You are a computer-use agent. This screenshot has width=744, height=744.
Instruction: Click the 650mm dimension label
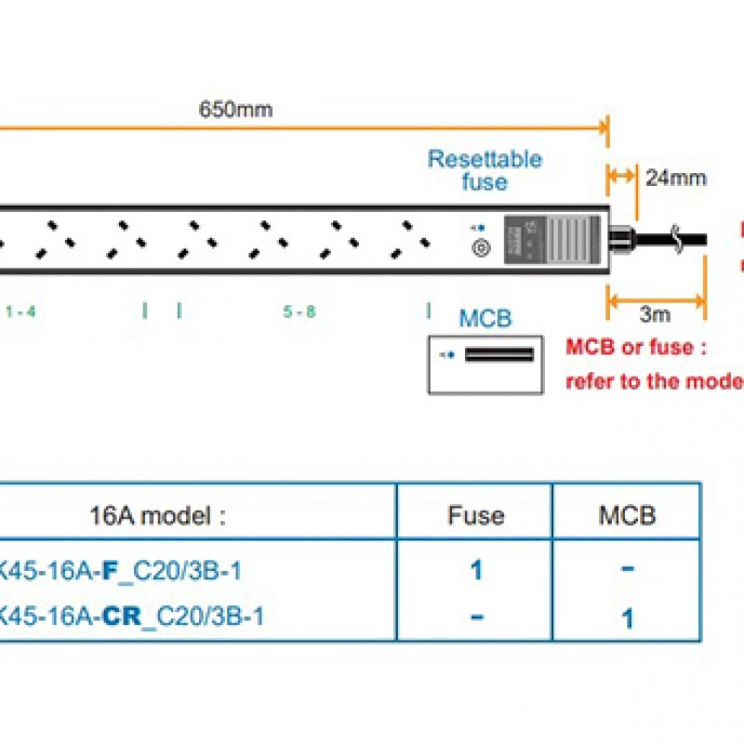pos(235,109)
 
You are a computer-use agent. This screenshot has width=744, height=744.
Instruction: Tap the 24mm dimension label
pos(676,178)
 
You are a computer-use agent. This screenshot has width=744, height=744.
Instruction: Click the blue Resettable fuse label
pos(485,169)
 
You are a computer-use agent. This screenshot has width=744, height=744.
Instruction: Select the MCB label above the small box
pos(485,319)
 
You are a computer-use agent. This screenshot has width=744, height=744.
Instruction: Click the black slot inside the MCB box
pos(499,354)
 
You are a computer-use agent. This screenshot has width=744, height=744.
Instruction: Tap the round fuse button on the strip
pos(481,248)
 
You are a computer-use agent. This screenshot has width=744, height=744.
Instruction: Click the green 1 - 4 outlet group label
pos(20,312)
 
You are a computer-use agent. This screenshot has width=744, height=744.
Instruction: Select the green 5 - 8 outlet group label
pos(299,312)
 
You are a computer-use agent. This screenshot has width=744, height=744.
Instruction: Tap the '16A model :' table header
pos(158,515)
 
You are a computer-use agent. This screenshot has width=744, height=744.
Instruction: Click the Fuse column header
pos(475,514)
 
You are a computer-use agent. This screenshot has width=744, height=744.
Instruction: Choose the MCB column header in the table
pos(627,514)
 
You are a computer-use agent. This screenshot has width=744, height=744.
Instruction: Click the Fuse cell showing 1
pos(476,569)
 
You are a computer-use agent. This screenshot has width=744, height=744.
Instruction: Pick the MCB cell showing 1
pos(628,617)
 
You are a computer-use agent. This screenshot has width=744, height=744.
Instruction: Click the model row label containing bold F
pos(121,569)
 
